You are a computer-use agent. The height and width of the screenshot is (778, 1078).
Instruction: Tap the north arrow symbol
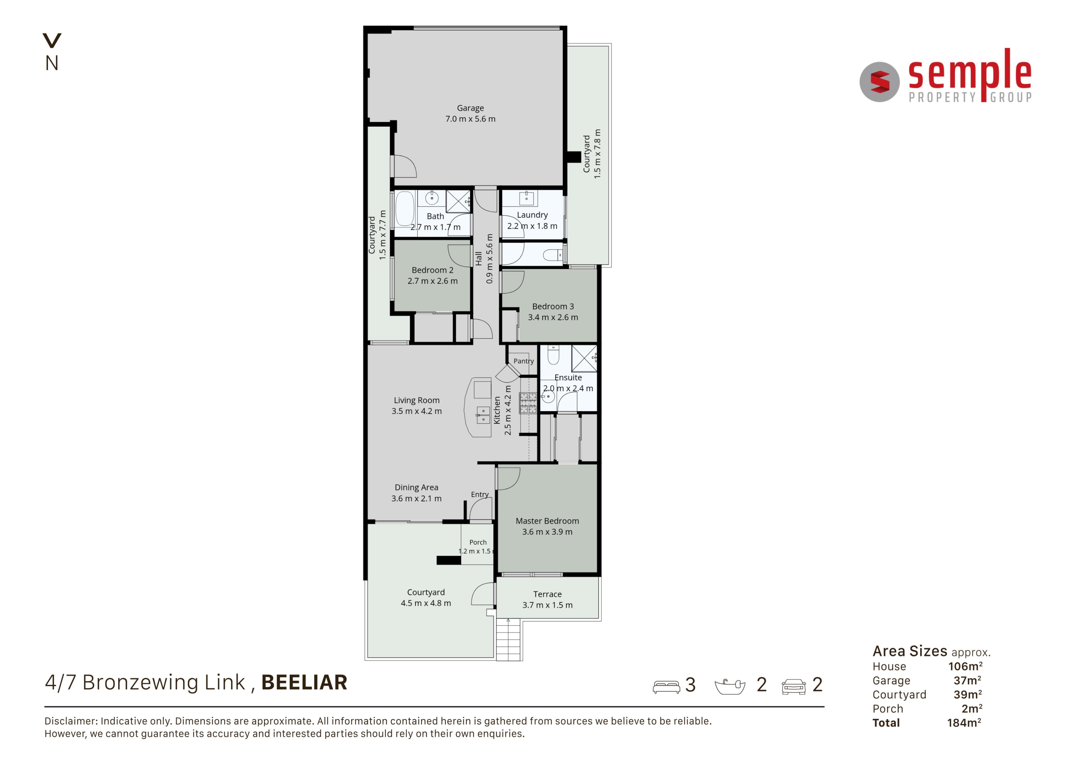click(52, 41)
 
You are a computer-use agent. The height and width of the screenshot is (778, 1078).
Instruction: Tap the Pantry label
click(523, 361)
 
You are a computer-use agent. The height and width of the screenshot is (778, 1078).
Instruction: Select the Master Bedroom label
click(547, 521)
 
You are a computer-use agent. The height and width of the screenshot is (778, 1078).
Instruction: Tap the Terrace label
click(547, 594)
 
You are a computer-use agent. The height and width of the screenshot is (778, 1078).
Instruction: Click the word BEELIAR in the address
click(304, 683)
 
